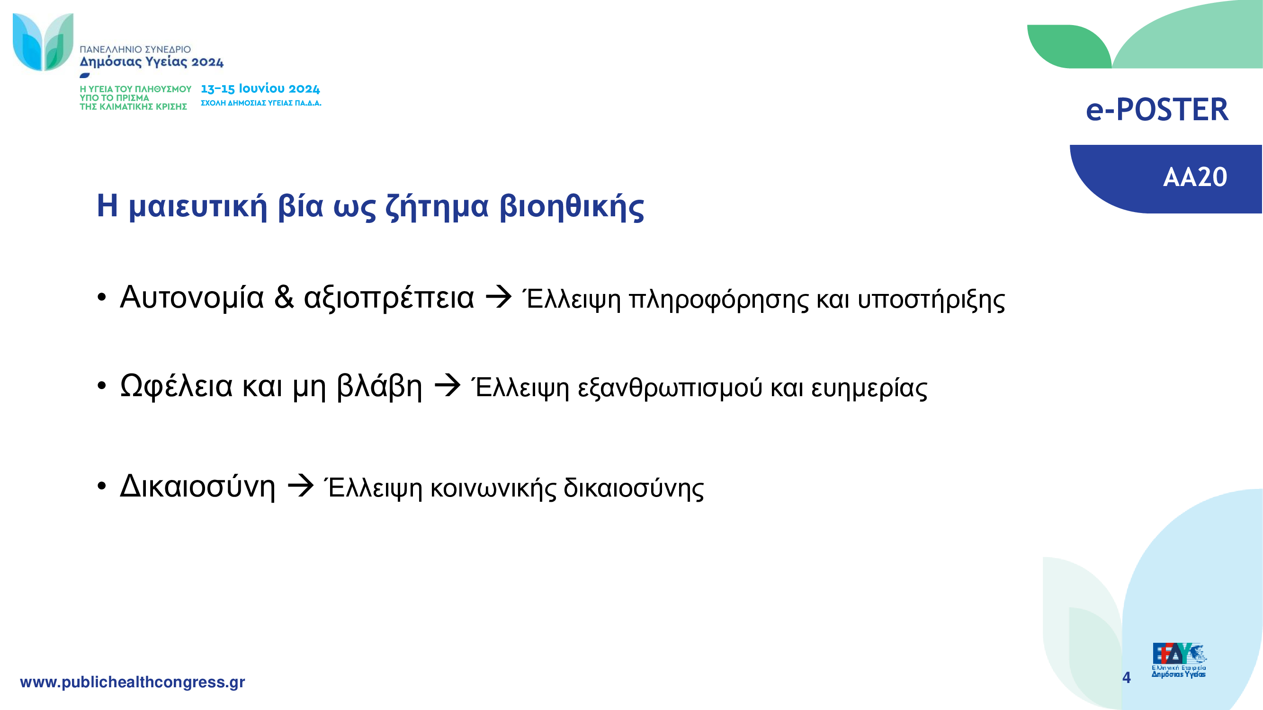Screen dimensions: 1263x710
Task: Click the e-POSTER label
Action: click(1157, 109)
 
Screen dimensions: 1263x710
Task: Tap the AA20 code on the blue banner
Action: click(1195, 177)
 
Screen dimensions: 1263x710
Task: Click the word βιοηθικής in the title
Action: click(572, 206)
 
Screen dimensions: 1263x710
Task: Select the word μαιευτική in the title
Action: click(198, 206)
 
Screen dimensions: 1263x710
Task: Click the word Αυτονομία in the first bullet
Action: click(192, 298)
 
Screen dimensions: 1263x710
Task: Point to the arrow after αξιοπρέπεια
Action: click(498, 297)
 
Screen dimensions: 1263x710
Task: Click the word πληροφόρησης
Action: click(719, 300)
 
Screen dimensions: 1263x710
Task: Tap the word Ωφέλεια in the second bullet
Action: click(177, 386)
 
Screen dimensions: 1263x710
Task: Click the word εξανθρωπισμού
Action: click(670, 388)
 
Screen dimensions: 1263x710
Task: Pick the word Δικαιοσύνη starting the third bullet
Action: click(197, 486)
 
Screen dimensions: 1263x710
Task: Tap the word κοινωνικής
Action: click(493, 488)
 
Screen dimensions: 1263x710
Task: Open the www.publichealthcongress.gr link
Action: click(133, 682)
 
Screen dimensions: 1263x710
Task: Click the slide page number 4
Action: click(1126, 678)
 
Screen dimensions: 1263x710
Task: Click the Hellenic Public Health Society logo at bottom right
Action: click(1179, 660)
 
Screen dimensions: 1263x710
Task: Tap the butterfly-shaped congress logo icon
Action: click(43, 42)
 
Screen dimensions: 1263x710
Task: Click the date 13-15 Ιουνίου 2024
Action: click(260, 89)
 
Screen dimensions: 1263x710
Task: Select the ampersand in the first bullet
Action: click(284, 297)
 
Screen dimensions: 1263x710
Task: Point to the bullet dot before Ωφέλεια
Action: click(101, 386)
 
